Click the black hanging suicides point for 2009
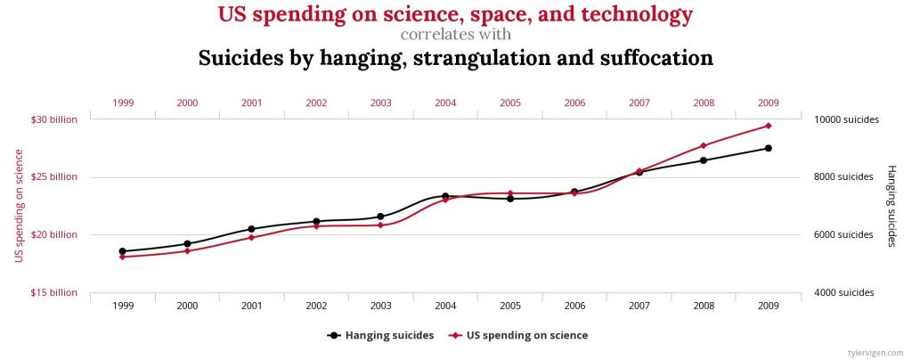[768, 148]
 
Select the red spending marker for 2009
[768, 126]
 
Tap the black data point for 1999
[122, 251]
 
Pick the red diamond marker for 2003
[380, 225]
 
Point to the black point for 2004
[445, 196]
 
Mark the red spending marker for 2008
[704, 145]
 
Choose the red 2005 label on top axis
[509, 102]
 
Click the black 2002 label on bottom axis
[316, 306]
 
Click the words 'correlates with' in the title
[455, 36]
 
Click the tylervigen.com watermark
[878, 352]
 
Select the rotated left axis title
[19, 206]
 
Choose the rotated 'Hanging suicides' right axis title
[891, 206]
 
